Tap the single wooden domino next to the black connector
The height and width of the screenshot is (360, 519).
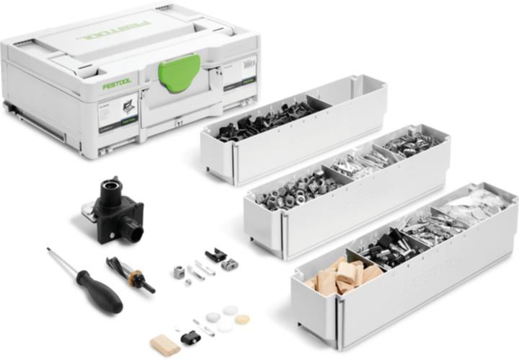pyautogui.click(x=165, y=343)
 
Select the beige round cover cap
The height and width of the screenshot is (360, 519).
pyautogui.click(x=243, y=319)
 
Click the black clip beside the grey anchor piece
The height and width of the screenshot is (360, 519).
pyautogui.click(x=215, y=255)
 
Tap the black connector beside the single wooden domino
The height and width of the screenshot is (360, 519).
pyautogui.click(x=189, y=336)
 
